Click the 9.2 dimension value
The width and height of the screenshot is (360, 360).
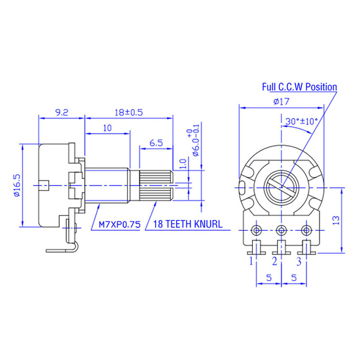(x=62, y=112)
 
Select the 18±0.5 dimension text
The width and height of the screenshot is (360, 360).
(x=129, y=112)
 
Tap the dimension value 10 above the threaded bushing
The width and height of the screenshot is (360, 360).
(x=107, y=128)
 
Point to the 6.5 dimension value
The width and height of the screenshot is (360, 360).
(x=156, y=143)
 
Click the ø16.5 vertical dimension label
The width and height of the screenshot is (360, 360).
(x=17, y=185)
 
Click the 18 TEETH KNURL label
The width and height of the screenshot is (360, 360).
(x=188, y=224)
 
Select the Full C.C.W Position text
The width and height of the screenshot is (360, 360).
(x=300, y=87)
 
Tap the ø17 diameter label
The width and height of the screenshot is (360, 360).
(x=281, y=102)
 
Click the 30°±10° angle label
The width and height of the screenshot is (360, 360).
(x=301, y=121)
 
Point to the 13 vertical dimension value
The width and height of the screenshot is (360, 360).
(x=336, y=220)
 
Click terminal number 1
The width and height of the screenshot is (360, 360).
(x=251, y=261)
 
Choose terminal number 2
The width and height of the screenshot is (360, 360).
(x=275, y=261)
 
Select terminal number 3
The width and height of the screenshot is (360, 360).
(x=299, y=261)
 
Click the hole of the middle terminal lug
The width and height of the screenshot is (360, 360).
(x=281, y=230)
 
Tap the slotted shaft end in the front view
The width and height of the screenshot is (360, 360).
(x=281, y=186)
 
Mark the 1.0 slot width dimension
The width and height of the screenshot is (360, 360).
(x=182, y=163)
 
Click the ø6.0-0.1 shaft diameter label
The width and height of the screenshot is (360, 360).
(x=195, y=141)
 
